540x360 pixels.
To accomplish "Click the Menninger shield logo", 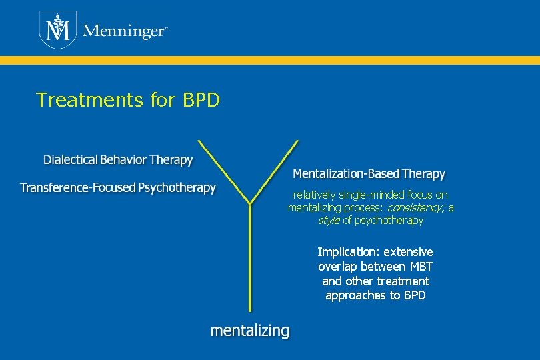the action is pyautogui.click(x=57, y=30).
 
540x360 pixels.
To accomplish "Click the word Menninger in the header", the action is pyautogui.click(x=123, y=31).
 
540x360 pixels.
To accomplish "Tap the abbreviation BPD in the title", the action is pyautogui.click(x=199, y=100).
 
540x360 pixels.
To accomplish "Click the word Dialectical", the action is pyautogui.click(x=70, y=160).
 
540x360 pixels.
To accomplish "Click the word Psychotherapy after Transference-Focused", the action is pyautogui.click(x=177, y=187).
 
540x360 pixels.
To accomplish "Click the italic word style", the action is pyautogui.click(x=329, y=220).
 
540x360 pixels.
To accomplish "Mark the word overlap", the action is pyautogui.click(x=338, y=267).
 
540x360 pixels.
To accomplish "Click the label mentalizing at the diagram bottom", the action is pyautogui.click(x=250, y=331).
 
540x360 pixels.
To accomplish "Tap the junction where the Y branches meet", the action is pyautogui.click(x=249, y=204).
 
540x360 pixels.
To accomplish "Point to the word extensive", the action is pyautogui.click(x=408, y=252).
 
